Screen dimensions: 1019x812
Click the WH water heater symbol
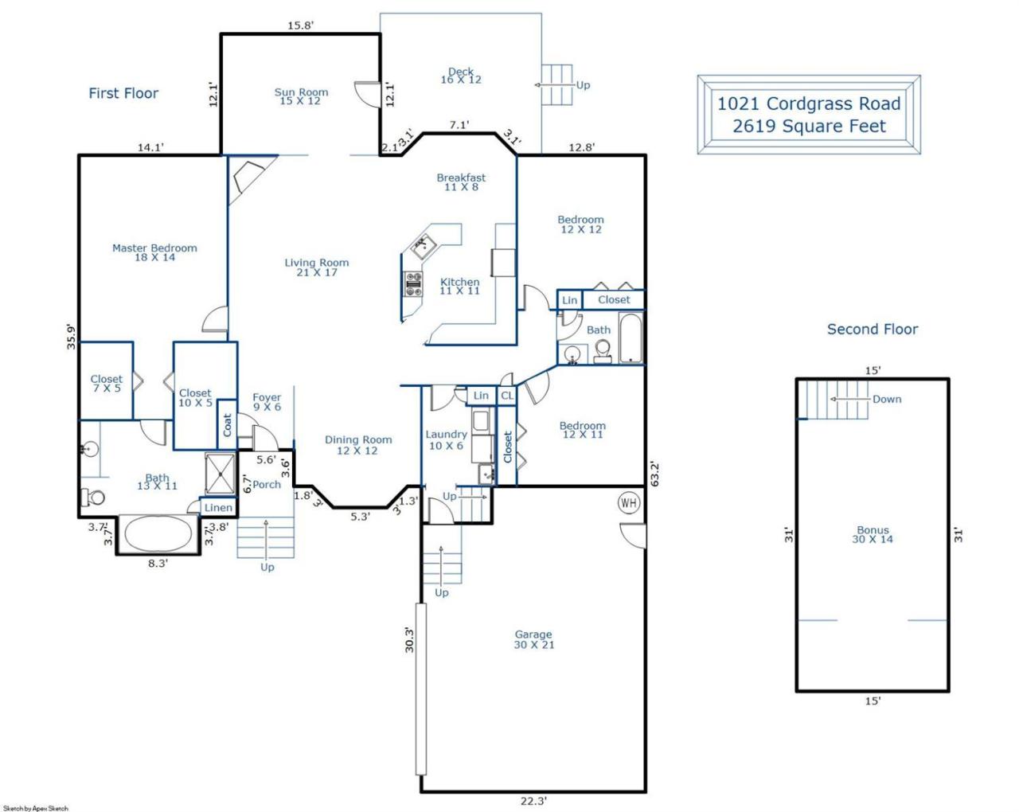[629, 502]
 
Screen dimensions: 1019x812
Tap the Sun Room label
[301, 96]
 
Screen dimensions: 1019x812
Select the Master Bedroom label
[154, 252]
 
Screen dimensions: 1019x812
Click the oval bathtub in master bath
[158, 533]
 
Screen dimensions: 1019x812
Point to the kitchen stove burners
[413, 284]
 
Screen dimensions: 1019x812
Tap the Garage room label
[533, 639]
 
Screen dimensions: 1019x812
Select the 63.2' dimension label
[655, 474]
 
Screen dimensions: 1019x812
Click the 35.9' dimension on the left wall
[71, 337]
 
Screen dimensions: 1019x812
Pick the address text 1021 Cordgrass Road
[809, 103]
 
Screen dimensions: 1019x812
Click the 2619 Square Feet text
[809, 127]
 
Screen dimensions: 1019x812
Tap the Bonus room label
[873, 534]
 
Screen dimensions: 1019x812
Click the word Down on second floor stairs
[887, 399]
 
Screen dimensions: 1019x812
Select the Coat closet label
[228, 424]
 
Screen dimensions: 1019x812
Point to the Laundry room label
[446, 440]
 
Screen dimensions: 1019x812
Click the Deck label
[461, 76]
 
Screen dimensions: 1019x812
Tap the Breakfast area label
[461, 182]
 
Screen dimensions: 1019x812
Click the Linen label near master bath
[218, 508]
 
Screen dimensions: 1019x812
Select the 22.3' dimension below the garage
[533, 801]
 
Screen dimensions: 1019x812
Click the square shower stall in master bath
[221, 474]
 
